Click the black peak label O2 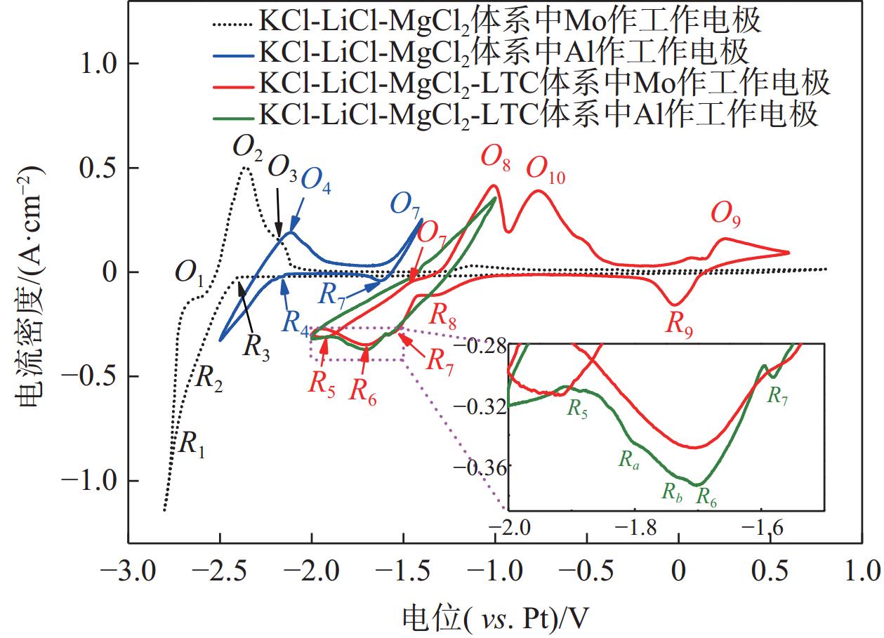coord(247,148)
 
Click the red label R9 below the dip coord(678,325)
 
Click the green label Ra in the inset coord(628,460)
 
